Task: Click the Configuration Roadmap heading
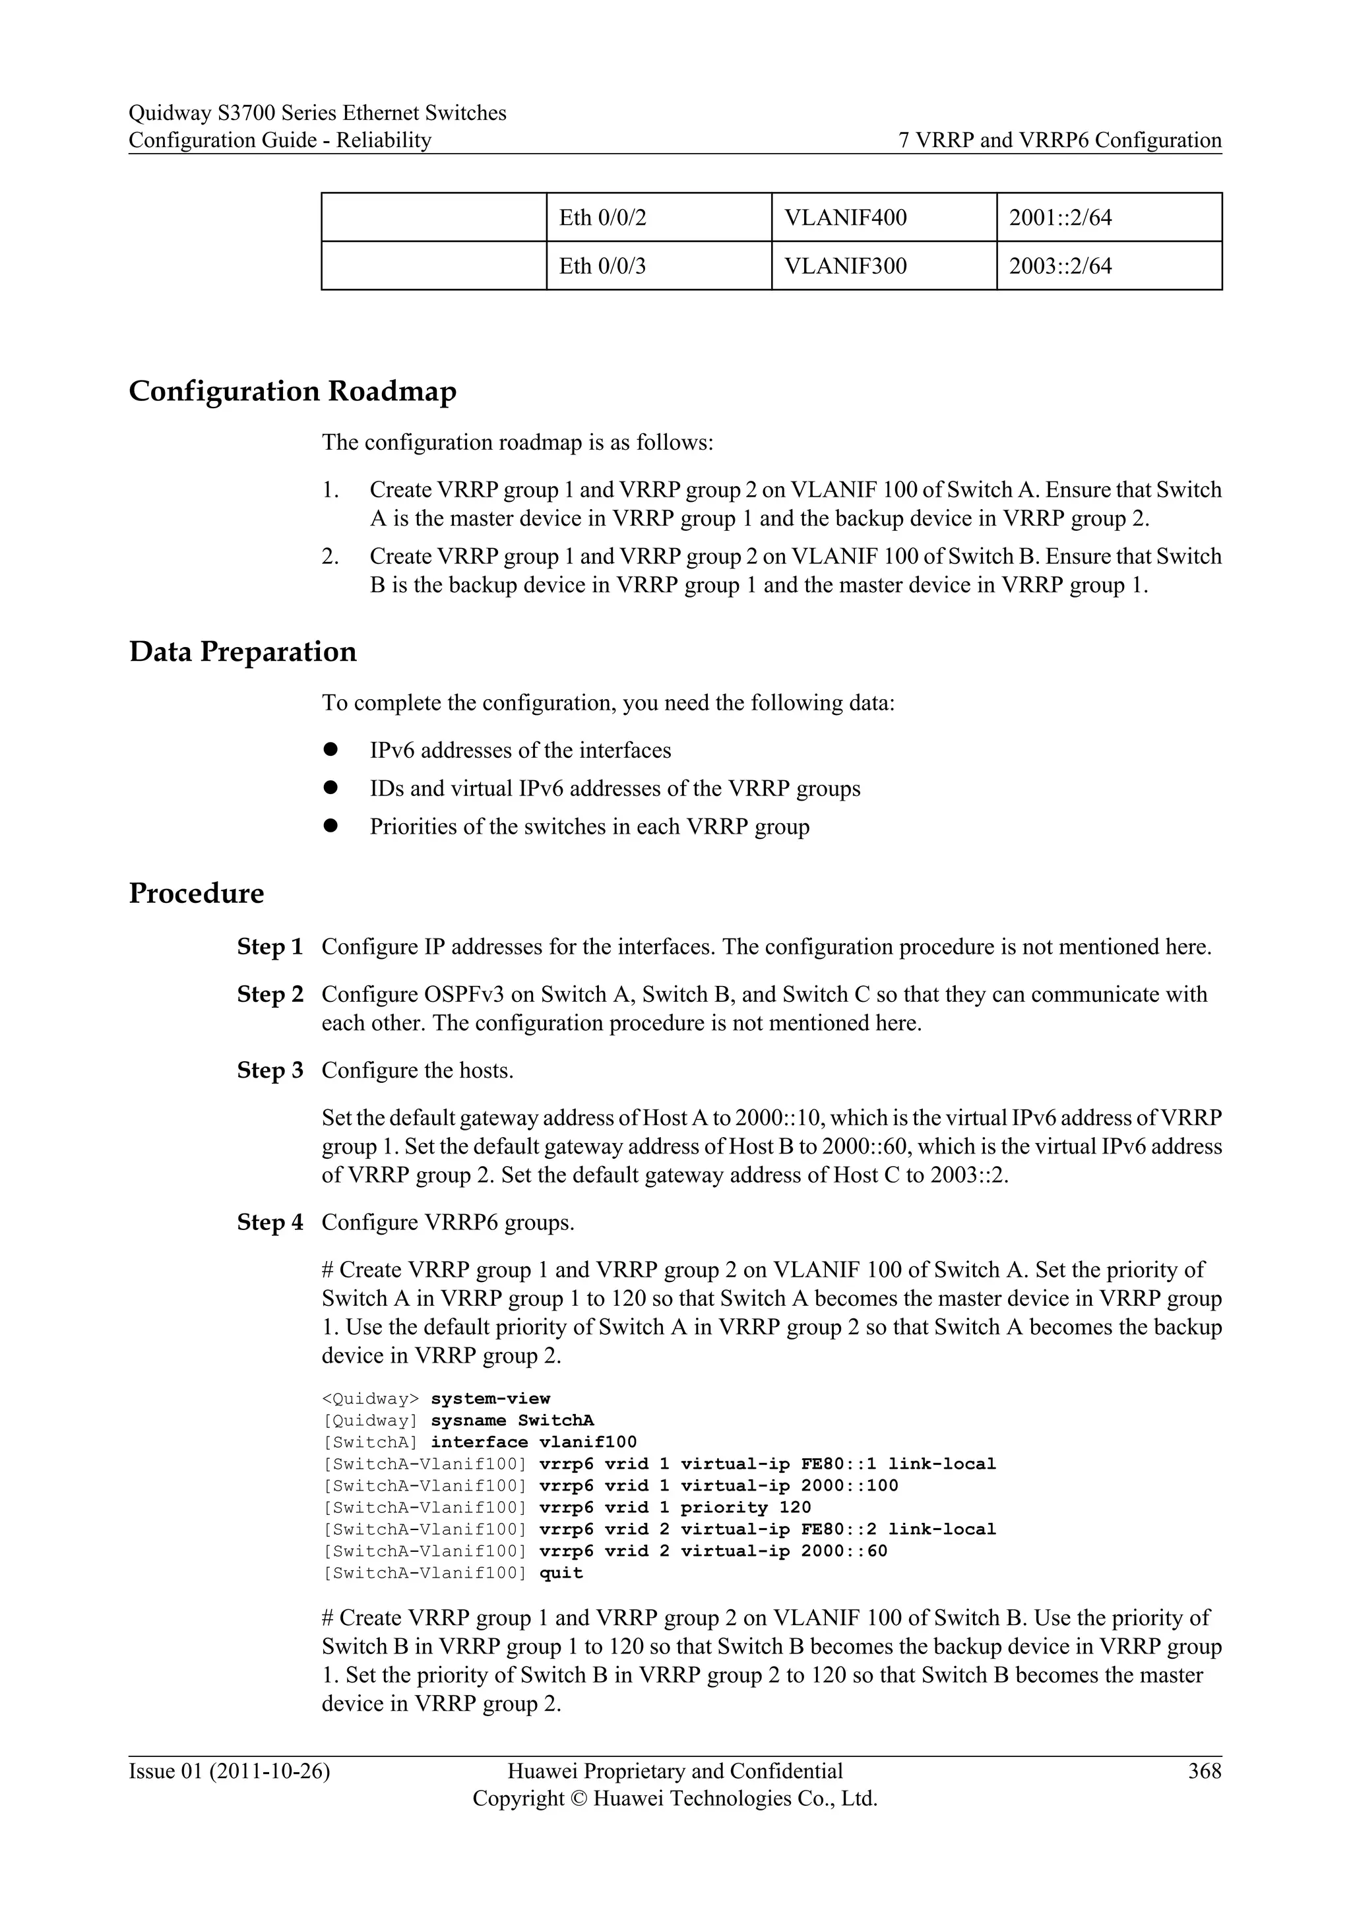point(292,391)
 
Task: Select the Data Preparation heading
point(242,652)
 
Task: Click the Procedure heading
point(197,894)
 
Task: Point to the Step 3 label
point(270,1070)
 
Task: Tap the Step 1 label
point(270,948)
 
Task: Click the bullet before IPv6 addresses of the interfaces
point(330,749)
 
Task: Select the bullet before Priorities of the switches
point(330,826)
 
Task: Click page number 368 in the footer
point(1205,1771)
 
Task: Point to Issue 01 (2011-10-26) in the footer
point(229,1771)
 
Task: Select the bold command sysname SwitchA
point(512,1421)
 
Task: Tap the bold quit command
point(561,1573)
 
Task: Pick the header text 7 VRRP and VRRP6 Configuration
point(1060,140)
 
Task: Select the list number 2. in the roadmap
point(330,557)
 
